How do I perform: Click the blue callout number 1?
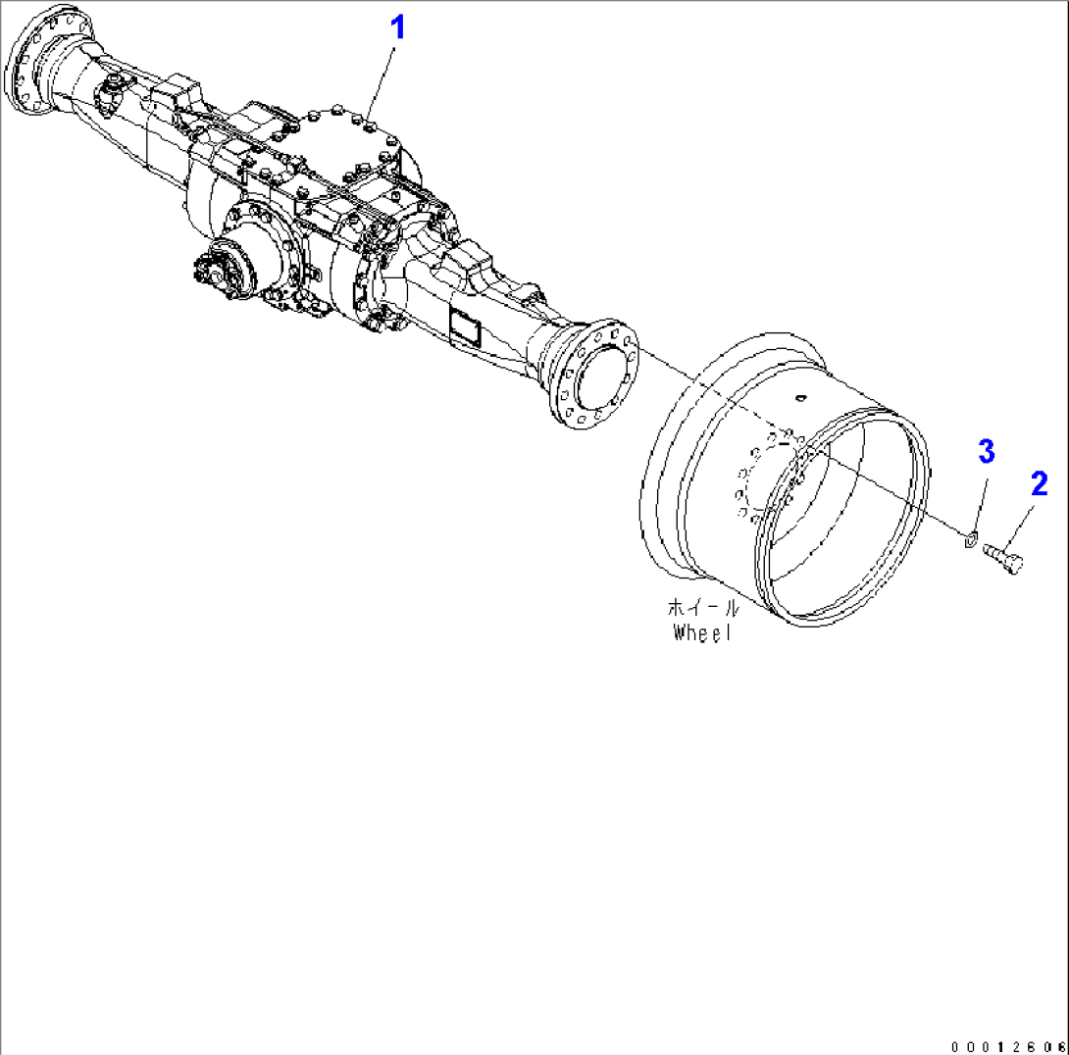pyautogui.click(x=397, y=27)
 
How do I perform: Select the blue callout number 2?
pyautogui.click(x=1039, y=483)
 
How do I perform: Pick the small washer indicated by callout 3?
pyautogui.click(x=968, y=537)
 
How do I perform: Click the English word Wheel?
pyautogui.click(x=702, y=632)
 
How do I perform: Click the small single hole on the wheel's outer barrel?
pyautogui.click(x=800, y=398)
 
